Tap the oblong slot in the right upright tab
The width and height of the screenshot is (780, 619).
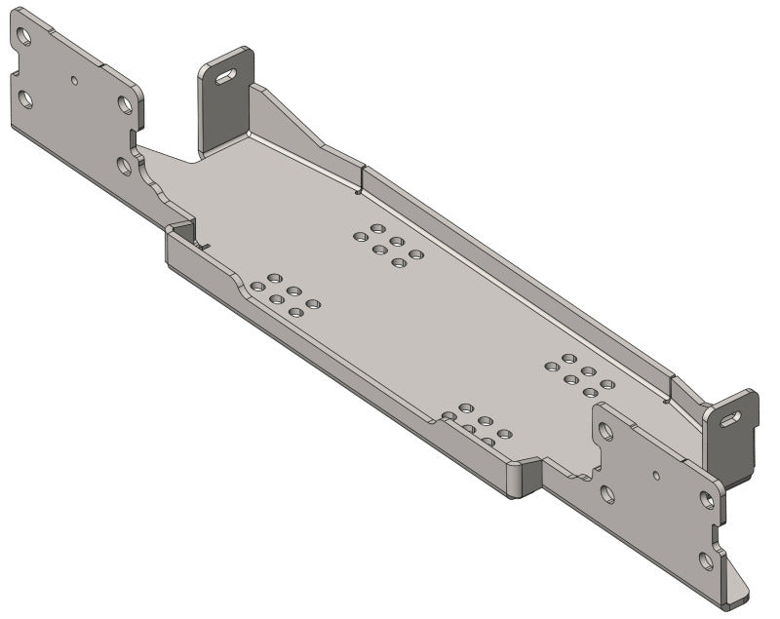tap(729, 417)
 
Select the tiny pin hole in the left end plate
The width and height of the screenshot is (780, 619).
tap(75, 79)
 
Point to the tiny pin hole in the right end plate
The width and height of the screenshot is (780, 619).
tap(656, 476)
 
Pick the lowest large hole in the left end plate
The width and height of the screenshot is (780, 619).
tap(125, 165)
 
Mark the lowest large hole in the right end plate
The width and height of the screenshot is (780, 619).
tap(706, 560)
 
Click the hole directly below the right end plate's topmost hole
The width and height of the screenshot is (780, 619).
tap(607, 494)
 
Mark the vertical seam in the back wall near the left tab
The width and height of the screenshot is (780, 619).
tap(363, 178)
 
